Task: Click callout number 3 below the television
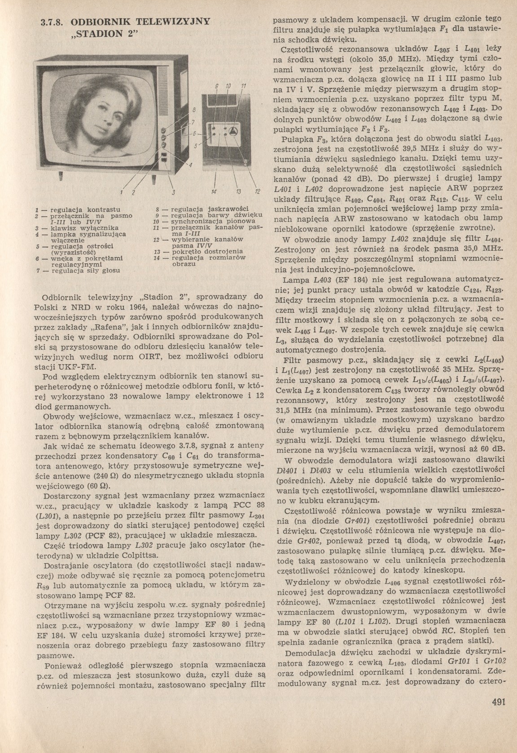click(173, 193)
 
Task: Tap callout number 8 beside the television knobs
click(194, 109)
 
